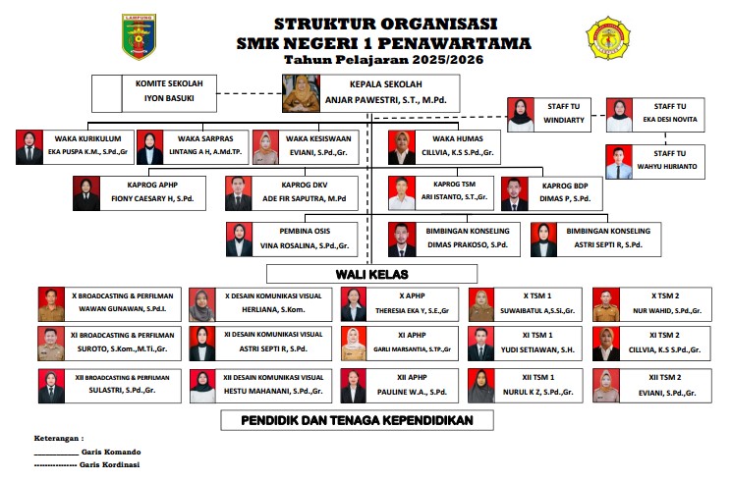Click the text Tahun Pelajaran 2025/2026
(384, 61)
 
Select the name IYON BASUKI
(164, 99)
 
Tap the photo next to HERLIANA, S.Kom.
(200, 305)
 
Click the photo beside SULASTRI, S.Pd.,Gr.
(50, 385)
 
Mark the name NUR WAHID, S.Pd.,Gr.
(665, 311)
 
